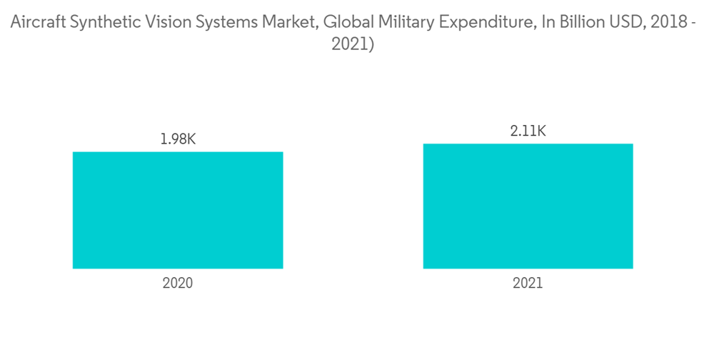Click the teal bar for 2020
coord(178,210)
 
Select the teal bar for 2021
coord(528,206)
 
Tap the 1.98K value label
coord(178,139)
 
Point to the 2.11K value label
coord(528,131)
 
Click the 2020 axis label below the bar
coord(178,283)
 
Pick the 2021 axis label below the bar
coord(528,283)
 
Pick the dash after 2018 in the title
coord(698,22)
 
